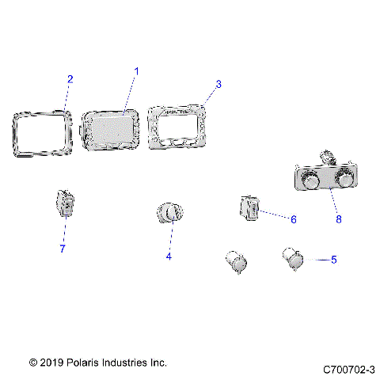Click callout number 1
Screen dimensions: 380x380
click(x=135, y=71)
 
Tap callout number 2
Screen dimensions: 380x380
click(x=70, y=79)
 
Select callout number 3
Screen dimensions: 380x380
click(x=218, y=83)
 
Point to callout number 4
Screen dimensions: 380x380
click(x=168, y=256)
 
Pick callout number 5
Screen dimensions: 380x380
click(x=333, y=259)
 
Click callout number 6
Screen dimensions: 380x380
click(x=292, y=218)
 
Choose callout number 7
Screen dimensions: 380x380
click(x=63, y=249)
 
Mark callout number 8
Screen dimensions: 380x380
click(x=339, y=219)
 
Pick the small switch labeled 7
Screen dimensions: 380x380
click(x=65, y=203)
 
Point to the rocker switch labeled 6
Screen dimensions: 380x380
click(x=249, y=211)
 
